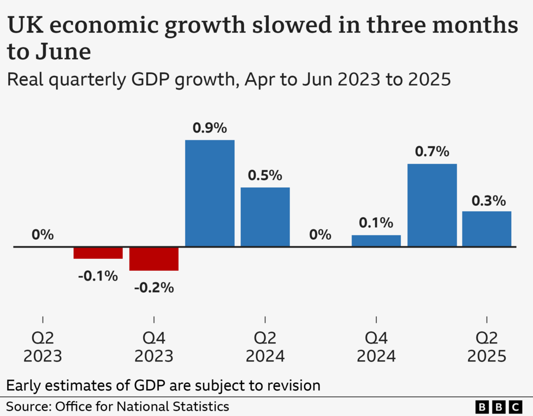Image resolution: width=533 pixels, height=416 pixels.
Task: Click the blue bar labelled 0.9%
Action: tap(210, 193)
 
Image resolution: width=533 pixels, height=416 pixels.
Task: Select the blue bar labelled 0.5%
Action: tap(265, 217)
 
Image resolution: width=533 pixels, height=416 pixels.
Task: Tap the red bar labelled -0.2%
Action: tap(154, 259)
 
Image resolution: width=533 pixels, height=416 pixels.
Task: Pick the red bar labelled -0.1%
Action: tap(98, 253)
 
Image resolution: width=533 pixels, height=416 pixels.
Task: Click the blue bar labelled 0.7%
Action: tap(432, 205)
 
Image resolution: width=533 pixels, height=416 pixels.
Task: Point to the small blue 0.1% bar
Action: tap(376, 241)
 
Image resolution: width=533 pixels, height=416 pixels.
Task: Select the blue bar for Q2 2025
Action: tap(487, 229)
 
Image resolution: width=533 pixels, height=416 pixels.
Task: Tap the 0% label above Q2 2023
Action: tap(43, 235)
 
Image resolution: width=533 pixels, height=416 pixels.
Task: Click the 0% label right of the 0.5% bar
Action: tap(320, 235)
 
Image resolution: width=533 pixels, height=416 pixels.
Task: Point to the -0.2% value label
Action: tap(154, 287)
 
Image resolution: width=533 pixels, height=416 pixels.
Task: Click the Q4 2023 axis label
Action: tap(154, 347)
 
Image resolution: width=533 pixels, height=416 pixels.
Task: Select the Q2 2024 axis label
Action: tap(265, 347)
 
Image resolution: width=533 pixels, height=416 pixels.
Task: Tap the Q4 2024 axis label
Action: tap(376, 347)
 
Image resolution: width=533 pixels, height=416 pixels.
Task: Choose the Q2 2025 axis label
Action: tap(487, 347)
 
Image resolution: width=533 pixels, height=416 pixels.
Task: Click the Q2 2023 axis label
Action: tap(43, 347)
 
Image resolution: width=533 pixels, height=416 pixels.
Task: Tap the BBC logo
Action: tap(499, 407)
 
